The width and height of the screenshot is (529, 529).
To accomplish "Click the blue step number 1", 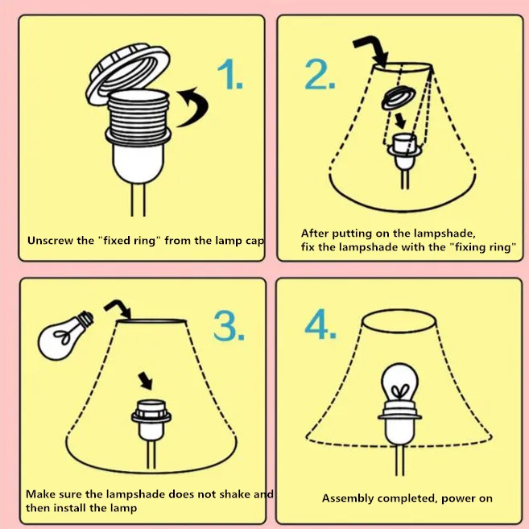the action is pyautogui.click(x=230, y=74).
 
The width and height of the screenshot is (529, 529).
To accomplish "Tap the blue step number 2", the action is pyautogui.click(x=320, y=74).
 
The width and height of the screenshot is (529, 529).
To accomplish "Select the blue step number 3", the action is pyautogui.click(x=229, y=325).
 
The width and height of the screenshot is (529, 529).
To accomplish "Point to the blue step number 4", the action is pyautogui.click(x=320, y=324).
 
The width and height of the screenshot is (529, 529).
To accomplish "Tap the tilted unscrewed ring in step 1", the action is pyautogui.click(x=127, y=74).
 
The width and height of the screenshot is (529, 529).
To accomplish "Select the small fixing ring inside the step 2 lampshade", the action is pyautogui.click(x=399, y=98).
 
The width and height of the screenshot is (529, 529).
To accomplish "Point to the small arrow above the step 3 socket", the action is pyautogui.click(x=146, y=381).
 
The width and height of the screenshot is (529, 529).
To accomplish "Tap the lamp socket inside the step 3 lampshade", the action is pyautogui.click(x=151, y=420).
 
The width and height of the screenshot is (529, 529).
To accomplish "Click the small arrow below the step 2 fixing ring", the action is pyautogui.click(x=400, y=121).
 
